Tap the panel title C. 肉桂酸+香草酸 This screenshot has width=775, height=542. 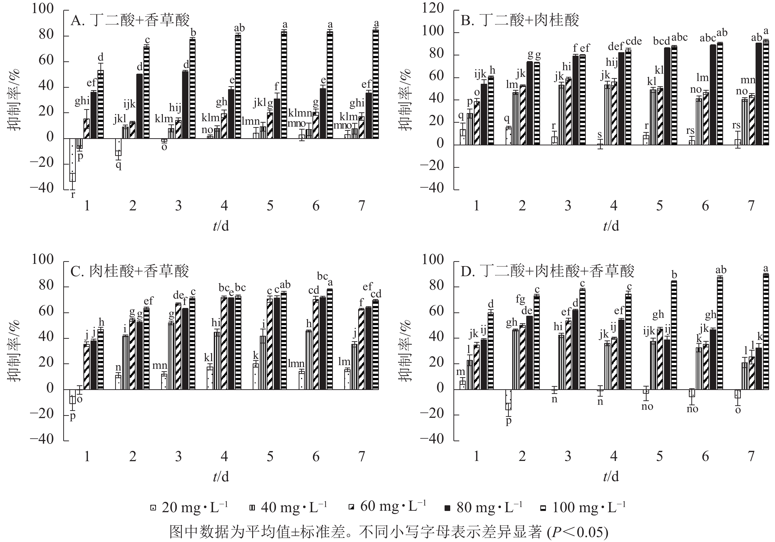(x=130, y=271)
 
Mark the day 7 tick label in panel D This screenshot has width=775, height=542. (x=751, y=457)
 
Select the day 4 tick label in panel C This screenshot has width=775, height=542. (x=224, y=457)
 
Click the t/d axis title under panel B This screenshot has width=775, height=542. (x=611, y=226)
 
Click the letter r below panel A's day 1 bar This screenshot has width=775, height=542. (x=73, y=195)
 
